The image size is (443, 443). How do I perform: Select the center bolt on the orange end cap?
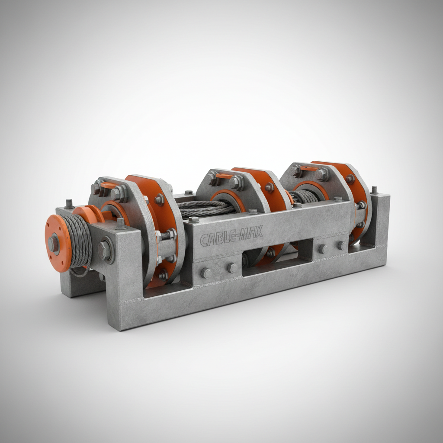tap(53, 244)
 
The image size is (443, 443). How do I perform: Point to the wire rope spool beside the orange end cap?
tap(77, 240)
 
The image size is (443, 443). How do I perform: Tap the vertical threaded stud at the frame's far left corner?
tap(69, 203)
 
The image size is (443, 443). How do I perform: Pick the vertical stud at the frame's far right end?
tap(374, 190)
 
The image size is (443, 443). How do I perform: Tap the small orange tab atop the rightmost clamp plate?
tap(308, 168)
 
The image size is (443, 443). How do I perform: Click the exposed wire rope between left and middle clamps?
tap(203, 208)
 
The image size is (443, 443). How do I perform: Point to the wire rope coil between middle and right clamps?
tap(305, 197)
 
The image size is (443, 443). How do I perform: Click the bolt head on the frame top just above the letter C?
tap(193, 219)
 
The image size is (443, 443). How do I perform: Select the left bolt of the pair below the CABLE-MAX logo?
tap(206, 273)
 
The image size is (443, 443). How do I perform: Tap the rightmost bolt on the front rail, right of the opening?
tap(342, 246)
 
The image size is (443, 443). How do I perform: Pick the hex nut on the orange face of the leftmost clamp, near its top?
tap(159, 199)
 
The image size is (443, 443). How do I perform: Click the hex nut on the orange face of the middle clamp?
tap(269, 187)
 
